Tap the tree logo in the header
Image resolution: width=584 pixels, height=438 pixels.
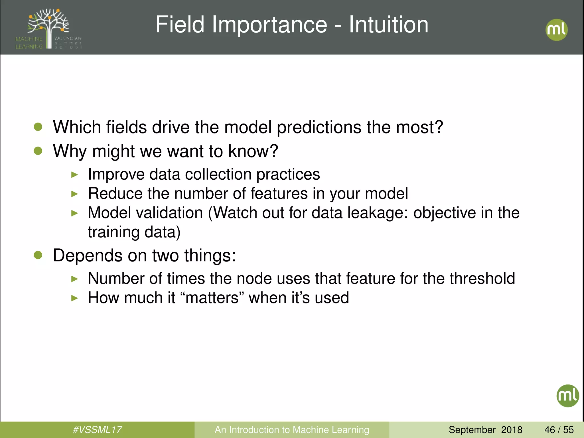(48, 29)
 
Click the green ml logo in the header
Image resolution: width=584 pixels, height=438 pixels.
(556, 30)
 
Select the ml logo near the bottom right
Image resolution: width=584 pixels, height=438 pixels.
(567, 396)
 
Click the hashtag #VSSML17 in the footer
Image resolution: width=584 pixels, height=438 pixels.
(97, 429)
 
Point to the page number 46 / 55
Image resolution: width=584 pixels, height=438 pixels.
(559, 429)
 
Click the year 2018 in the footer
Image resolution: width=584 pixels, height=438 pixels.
(512, 429)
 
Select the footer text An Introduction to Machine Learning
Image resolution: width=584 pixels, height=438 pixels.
(292, 429)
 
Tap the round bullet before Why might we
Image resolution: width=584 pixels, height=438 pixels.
(38, 151)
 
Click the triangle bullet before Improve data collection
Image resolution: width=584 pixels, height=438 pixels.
(74, 175)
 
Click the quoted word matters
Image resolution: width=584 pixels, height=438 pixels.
(212, 298)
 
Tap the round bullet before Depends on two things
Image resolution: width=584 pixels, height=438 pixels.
(38, 255)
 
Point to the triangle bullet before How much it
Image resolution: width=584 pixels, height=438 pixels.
(74, 298)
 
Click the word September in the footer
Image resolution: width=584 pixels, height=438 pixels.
(472, 429)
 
